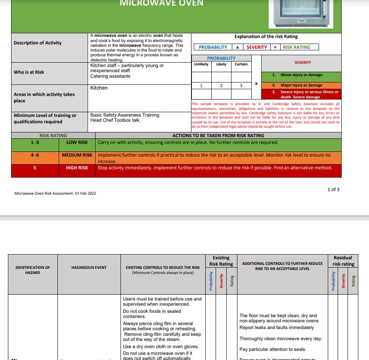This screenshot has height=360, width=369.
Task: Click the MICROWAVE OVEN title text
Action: point(161,4)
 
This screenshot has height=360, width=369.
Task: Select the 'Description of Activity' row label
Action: point(38,43)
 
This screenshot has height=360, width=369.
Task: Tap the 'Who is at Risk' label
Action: point(29,72)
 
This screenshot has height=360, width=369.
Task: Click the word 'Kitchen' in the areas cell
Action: point(99,88)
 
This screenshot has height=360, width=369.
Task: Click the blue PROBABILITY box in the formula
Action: point(213,47)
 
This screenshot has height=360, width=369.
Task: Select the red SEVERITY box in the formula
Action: point(256,47)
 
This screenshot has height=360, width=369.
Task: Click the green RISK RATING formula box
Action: point(296,47)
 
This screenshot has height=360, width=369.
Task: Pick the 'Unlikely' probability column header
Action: point(201,64)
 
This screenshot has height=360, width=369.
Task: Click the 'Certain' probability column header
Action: point(241,64)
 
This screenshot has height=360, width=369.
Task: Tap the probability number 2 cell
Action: point(221,86)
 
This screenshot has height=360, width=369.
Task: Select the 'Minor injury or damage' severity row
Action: point(301,75)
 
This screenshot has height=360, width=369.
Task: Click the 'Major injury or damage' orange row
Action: point(301,85)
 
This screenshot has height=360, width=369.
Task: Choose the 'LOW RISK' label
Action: point(77,142)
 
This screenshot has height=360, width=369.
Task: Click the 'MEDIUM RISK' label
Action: point(77,155)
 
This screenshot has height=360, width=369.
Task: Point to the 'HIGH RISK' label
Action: point(77,168)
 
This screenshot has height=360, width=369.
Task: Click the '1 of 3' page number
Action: point(333,190)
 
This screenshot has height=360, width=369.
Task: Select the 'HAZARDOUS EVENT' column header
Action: point(89,268)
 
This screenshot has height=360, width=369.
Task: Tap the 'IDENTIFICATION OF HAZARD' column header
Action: point(33,270)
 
